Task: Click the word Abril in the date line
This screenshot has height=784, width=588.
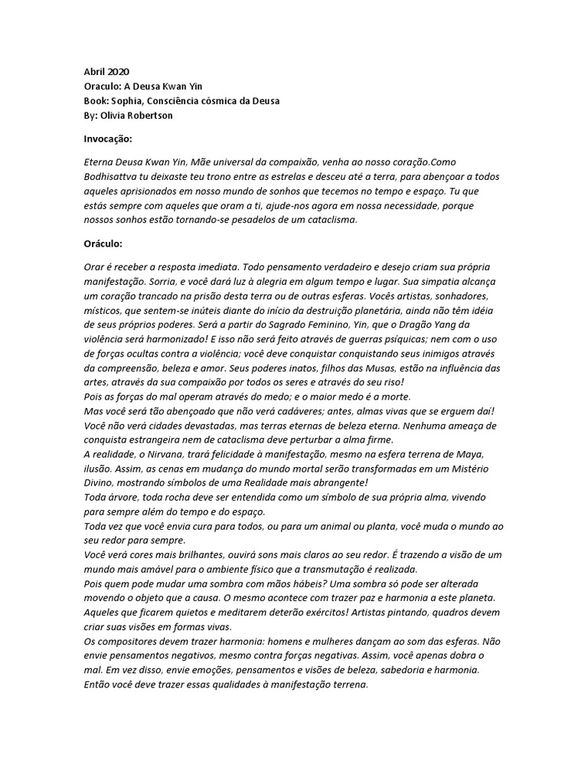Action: point(94,71)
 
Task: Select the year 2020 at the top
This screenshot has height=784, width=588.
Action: point(119,71)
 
